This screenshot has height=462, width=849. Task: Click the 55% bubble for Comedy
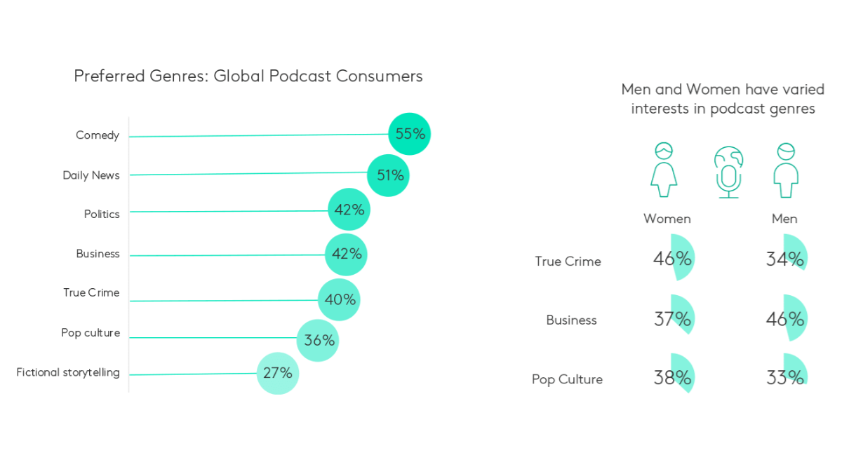409,134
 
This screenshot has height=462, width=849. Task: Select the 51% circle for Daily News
388,175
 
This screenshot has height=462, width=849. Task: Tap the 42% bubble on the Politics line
349,210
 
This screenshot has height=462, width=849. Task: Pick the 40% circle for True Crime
340,300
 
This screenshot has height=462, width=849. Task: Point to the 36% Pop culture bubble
318,341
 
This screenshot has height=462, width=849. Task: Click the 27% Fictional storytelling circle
277,373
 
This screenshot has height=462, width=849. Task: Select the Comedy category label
98,135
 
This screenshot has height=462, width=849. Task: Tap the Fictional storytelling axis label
68,372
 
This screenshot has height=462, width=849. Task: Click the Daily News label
91,175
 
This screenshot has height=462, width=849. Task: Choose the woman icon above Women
664,170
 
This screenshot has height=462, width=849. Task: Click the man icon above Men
786,170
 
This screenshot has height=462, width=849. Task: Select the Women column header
667,219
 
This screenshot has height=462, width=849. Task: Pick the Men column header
784,219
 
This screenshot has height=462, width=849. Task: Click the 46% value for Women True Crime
673,259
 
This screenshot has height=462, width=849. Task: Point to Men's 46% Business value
785,319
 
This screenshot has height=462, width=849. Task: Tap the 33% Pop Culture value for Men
785,378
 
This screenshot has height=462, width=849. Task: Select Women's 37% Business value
673,319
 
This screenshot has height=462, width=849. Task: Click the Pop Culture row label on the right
567,379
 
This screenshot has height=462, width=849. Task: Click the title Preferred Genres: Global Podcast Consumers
248,76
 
